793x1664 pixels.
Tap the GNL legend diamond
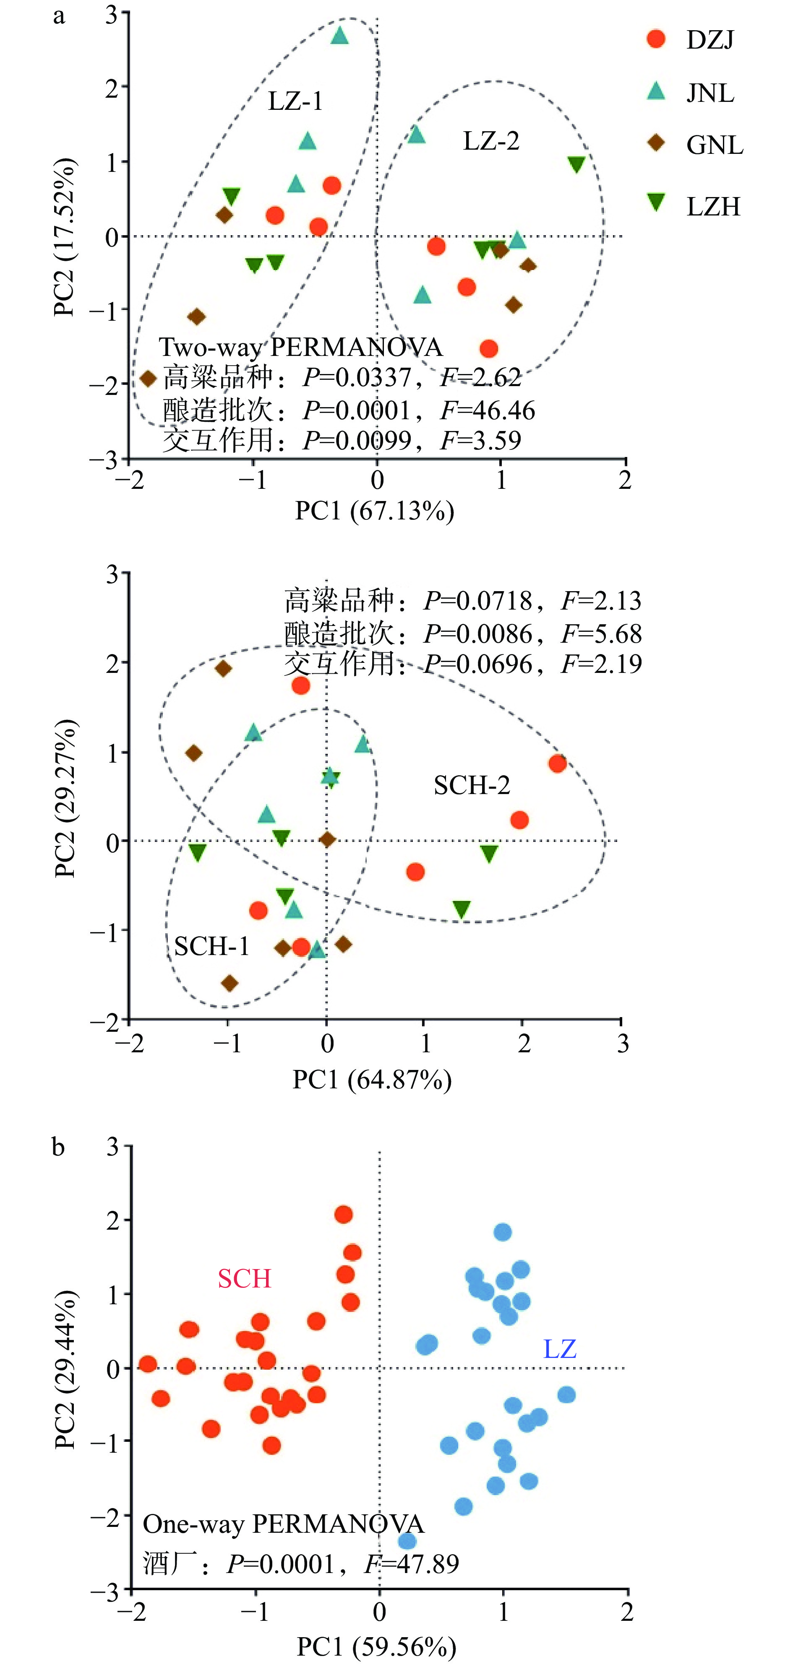(656, 143)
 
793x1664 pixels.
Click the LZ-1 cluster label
(295, 101)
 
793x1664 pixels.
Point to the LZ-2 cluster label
(491, 141)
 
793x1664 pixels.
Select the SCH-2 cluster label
(472, 786)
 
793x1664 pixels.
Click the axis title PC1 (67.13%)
(375, 511)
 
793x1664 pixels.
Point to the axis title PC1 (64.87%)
(372, 1080)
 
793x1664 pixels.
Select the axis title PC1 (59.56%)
(376, 1647)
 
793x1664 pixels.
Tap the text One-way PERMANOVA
(283, 1524)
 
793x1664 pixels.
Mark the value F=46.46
(487, 410)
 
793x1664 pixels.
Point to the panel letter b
(58, 1147)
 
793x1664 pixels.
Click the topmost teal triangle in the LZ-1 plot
(340, 36)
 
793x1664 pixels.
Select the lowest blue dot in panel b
(407, 1541)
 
